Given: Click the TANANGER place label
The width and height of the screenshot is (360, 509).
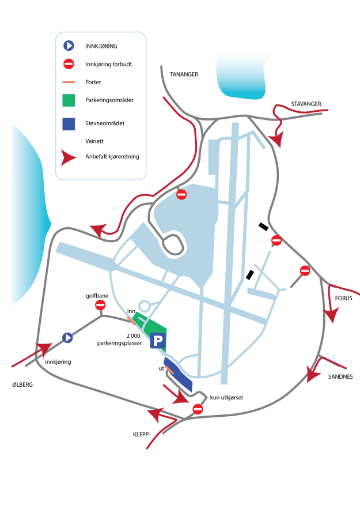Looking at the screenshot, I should point(184,74).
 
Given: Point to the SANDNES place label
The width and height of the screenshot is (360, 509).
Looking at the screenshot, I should point(340,376).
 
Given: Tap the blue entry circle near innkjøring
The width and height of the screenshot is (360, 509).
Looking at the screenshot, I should point(67,338).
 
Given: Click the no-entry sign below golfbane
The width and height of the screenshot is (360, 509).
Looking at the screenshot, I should point(101,305).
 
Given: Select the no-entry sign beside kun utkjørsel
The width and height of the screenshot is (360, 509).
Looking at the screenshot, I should point(198,409).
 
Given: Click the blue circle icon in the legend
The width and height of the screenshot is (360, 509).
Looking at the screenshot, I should point(69,45).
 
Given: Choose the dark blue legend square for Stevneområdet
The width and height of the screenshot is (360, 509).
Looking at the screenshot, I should point(69,123).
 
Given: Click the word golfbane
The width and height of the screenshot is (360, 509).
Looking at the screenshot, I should point(91,295).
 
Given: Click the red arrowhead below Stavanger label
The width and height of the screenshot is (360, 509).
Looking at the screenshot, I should point(277,140).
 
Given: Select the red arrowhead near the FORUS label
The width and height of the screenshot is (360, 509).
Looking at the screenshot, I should point(331,315).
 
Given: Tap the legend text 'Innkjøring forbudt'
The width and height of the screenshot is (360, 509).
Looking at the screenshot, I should point(108,64).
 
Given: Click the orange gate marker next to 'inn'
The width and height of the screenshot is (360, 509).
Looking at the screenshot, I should point(132,315).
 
